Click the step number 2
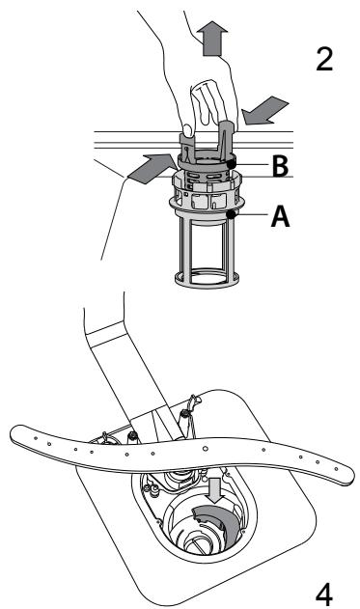point(324,59)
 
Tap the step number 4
point(324,593)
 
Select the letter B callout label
point(280,165)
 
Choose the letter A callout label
point(281,215)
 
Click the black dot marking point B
point(232,164)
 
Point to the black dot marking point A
point(233,214)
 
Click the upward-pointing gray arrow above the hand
point(211,38)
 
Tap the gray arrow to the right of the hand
point(264,111)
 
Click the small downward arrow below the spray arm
point(215,490)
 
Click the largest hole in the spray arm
point(205,448)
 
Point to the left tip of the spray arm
point(11,433)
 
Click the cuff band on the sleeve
point(105,333)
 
